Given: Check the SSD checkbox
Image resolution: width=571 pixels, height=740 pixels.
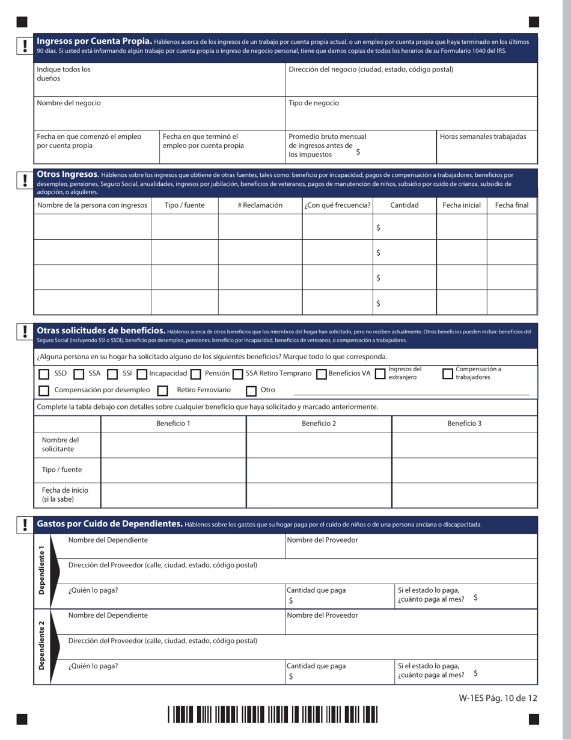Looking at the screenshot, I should tap(44, 374).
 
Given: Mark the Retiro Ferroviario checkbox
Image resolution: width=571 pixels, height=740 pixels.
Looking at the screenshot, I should tap(162, 391).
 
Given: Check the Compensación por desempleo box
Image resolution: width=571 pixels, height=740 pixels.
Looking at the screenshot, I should tap(44, 391).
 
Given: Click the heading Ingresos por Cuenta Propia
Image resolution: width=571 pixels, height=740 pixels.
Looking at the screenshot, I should tap(94, 42).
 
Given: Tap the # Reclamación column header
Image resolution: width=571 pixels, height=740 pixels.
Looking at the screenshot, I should tap(260, 205).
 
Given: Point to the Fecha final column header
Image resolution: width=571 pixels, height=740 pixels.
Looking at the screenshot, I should tap(511, 205).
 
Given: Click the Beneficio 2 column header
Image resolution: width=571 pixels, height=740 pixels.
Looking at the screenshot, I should tap(319, 424).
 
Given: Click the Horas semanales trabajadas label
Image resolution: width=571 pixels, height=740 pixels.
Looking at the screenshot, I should tap(483, 137).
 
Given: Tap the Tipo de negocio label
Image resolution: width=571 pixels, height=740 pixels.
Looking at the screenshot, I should tap(314, 103).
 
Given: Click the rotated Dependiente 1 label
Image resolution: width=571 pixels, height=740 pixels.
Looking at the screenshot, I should tap(41, 570).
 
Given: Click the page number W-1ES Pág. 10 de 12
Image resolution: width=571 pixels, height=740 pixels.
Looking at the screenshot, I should tap(497, 698).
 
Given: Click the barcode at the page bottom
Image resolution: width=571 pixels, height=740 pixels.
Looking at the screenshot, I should tap(272, 714).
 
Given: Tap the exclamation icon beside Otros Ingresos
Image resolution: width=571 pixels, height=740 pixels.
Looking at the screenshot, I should tap(25, 180).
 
